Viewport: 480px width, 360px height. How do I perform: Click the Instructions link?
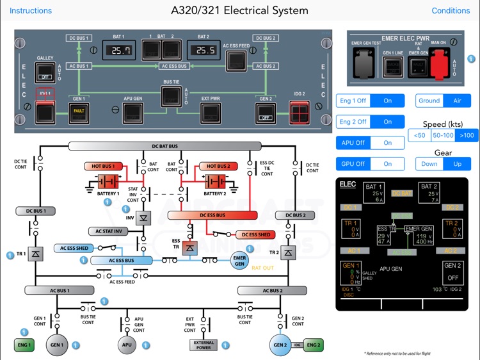click(x=31, y=11)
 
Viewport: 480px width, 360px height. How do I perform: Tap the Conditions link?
click(x=451, y=11)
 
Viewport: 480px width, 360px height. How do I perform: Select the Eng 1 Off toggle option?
click(x=353, y=101)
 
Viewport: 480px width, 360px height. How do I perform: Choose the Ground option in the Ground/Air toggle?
click(x=429, y=101)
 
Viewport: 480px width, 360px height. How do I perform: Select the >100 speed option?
click(x=467, y=135)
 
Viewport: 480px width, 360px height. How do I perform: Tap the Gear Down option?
click(x=429, y=163)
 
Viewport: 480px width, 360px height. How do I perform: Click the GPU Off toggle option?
click(x=353, y=163)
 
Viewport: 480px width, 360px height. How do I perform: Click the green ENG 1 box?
click(x=24, y=345)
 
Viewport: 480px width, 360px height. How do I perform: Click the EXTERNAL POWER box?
click(x=204, y=345)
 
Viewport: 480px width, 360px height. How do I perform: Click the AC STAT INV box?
click(x=109, y=231)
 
